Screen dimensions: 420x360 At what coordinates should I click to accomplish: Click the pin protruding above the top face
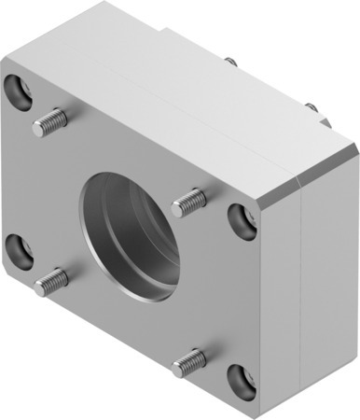pyautogui.click(x=230, y=63)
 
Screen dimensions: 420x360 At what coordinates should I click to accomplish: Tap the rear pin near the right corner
pyautogui.click(x=312, y=108)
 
